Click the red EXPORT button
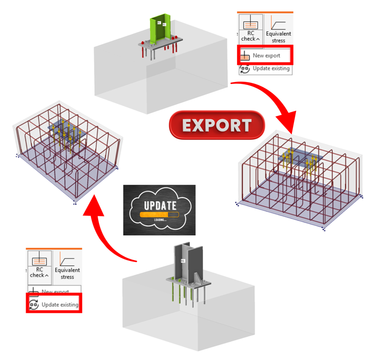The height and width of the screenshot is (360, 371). coord(216,125)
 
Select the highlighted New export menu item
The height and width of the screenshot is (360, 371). coord(266,55)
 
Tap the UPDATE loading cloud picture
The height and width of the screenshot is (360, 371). coord(159,210)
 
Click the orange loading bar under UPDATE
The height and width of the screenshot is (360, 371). coord(159,214)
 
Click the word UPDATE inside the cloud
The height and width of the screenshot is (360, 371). coord(159,205)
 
